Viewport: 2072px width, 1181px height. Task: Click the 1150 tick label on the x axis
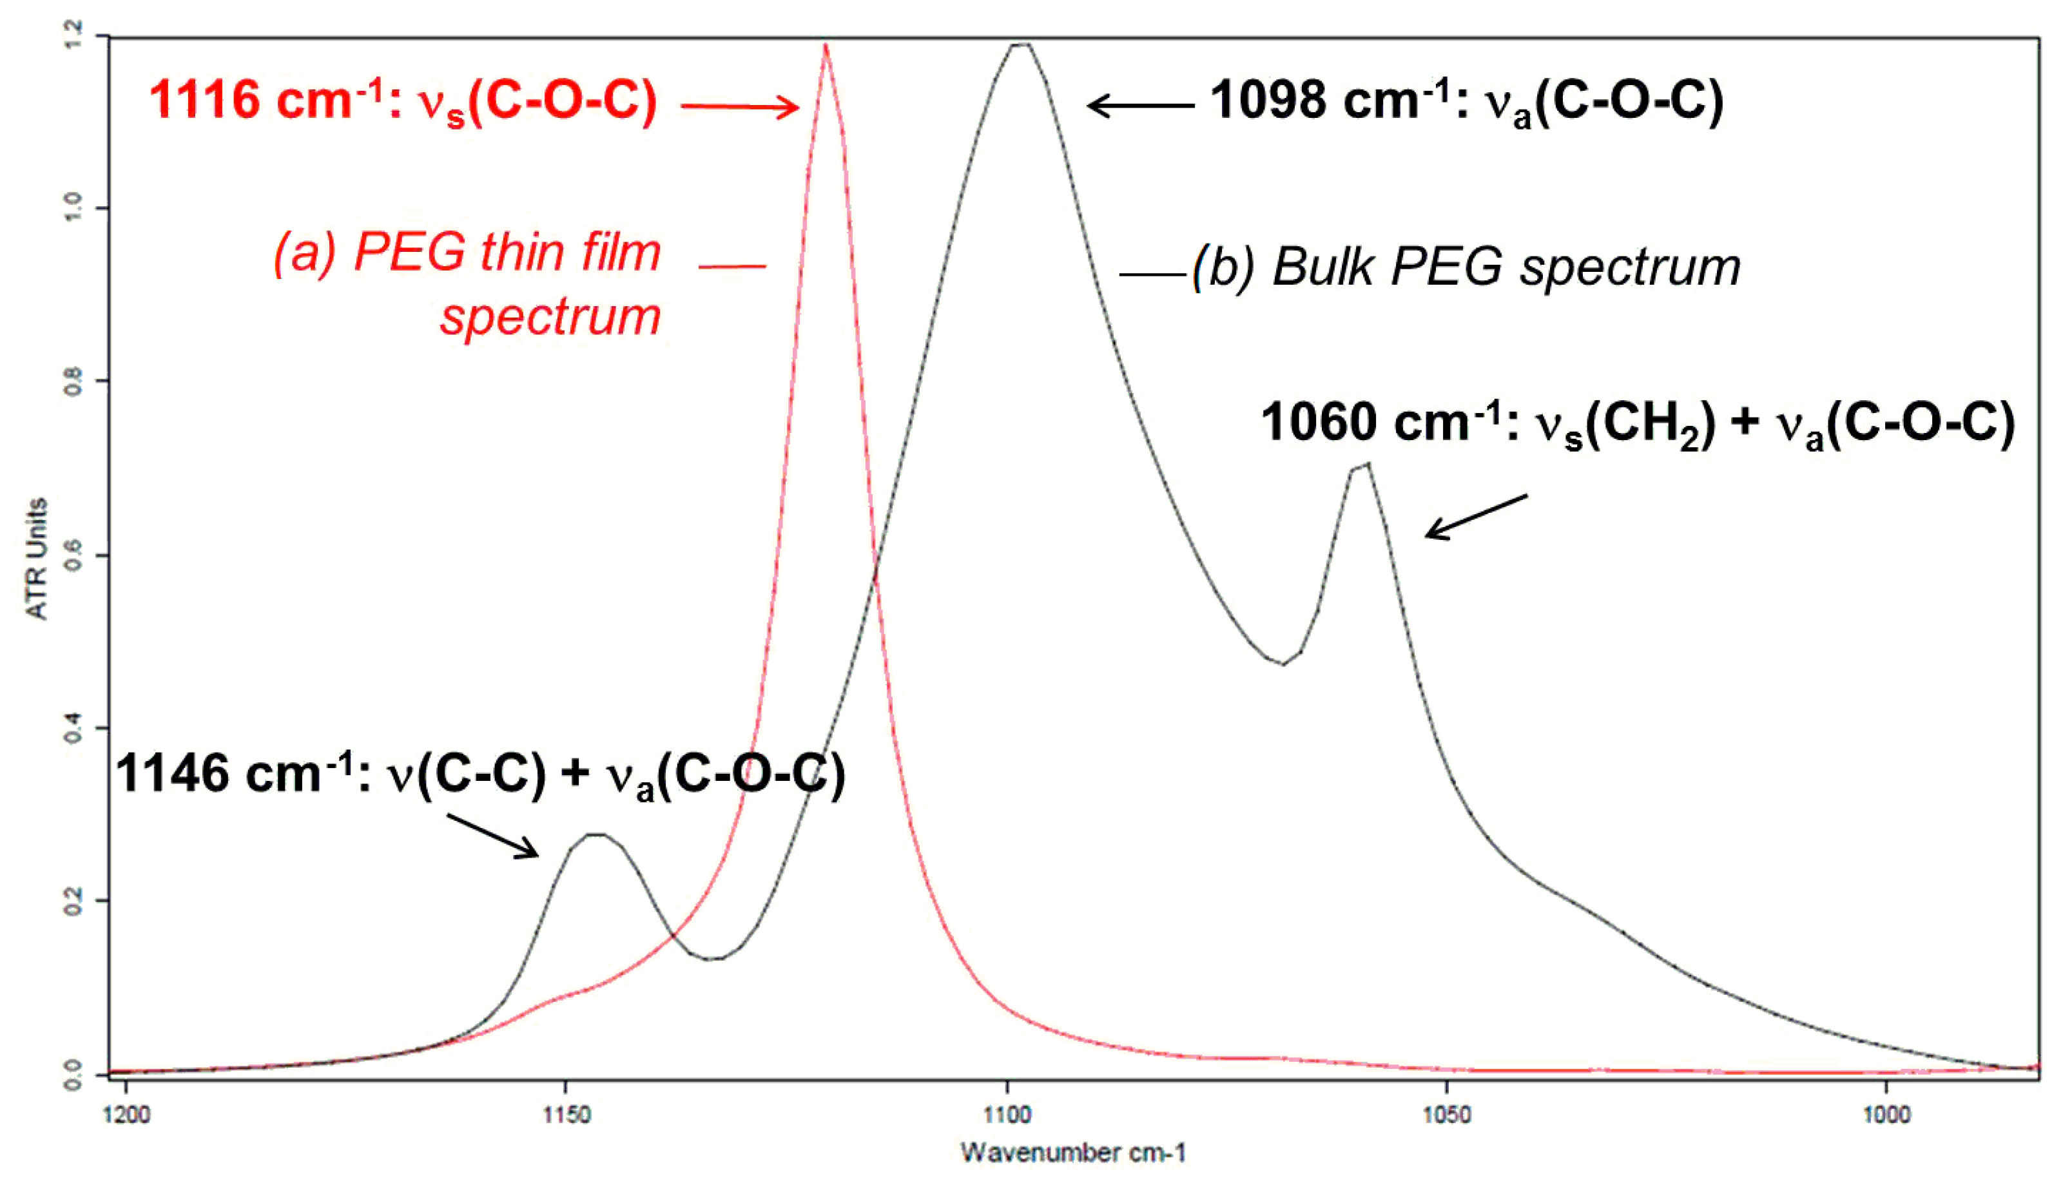566,1115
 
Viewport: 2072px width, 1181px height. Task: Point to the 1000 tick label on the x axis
1886,1115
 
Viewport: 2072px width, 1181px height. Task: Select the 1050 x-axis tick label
1446,1115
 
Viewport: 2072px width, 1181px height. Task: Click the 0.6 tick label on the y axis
73,555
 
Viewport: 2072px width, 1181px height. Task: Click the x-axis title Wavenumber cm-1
1073,1153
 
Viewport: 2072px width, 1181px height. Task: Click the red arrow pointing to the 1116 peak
740,106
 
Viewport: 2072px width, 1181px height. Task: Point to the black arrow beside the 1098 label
1140,106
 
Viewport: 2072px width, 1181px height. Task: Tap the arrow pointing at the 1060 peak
1476,516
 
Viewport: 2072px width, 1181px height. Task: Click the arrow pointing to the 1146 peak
492,836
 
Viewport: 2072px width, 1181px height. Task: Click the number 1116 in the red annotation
204,101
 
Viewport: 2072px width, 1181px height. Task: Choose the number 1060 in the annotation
1319,423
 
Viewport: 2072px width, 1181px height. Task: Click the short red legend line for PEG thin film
731,266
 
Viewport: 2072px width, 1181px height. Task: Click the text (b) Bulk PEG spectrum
1465,267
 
